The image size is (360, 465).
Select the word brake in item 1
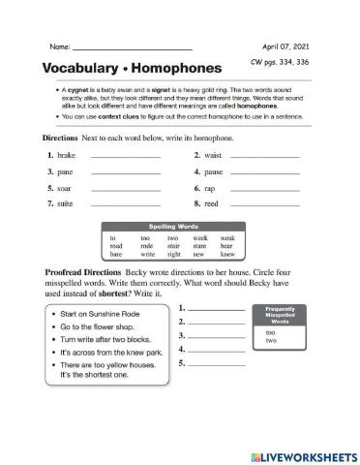point(67,155)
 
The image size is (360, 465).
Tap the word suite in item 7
point(66,204)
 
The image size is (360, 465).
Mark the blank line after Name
point(133,47)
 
